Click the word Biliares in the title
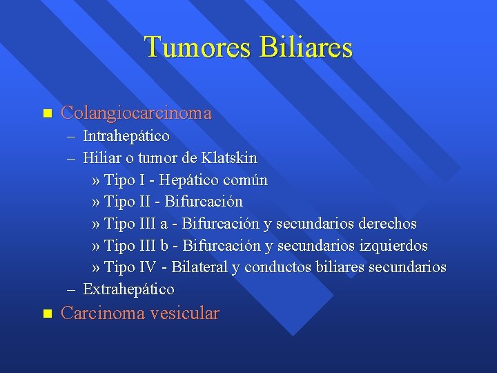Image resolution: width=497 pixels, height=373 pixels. pyautogui.click(x=306, y=48)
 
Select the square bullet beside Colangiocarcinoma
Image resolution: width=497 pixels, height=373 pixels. pyautogui.click(x=47, y=113)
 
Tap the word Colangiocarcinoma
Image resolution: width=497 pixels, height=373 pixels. pyautogui.click(x=136, y=113)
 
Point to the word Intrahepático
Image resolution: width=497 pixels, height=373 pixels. pyautogui.click(x=126, y=136)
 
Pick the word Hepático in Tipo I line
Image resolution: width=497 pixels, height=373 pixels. pyautogui.click(x=188, y=180)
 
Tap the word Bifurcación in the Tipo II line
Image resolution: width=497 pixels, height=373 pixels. pyautogui.click(x=204, y=202)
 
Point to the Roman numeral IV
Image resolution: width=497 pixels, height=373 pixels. pyautogui.click(x=149, y=267)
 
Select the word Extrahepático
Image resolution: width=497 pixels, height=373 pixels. pyautogui.click(x=128, y=289)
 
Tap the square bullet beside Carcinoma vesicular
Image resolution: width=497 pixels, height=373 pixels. pyautogui.click(x=47, y=313)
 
